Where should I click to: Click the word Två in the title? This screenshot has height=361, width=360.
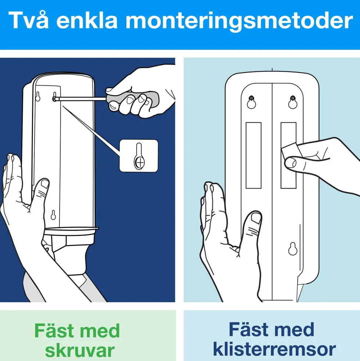[x=29, y=20]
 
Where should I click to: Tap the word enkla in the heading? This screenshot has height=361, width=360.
[x=87, y=20]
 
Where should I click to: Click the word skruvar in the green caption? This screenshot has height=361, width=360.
[x=80, y=350]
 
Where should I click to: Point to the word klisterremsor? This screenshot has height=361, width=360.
[x=274, y=349]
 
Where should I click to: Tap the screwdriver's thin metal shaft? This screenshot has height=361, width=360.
[x=80, y=99]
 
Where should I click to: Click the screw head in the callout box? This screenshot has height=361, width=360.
[x=140, y=162]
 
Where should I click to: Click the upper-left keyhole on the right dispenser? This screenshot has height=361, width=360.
[x=251, y=102]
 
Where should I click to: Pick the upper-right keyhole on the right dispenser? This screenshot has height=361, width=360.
[x=293, y=102]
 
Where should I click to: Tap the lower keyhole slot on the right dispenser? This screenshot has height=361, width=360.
[x=293, y=249]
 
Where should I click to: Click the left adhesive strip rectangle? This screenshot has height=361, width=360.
[x=253, y=156]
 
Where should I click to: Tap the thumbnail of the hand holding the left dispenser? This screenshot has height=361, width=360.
[x=44, y=184]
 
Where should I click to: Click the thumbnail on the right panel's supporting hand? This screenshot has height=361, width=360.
[x=256, y=218]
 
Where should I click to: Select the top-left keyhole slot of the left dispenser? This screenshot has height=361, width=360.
[x=38, y=96]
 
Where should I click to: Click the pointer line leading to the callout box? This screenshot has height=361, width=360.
[x=91, y=130]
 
